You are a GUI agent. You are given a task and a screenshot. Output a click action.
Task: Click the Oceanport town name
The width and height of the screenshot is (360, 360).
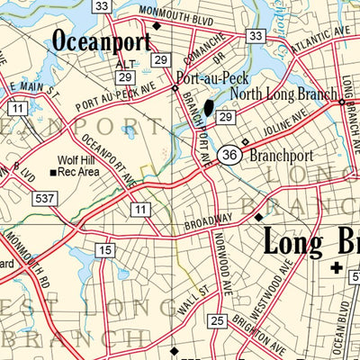[x=101, y=40]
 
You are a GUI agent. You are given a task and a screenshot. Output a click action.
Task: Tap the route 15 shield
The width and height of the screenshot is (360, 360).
[x=106, y=249]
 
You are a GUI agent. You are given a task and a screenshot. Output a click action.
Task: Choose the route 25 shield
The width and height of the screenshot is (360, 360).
[x=217, y=320]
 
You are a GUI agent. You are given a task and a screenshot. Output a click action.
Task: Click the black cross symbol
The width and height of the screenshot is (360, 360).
[x=337, y=267]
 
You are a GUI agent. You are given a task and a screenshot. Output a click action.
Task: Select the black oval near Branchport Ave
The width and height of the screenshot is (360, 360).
[x=209, y=109]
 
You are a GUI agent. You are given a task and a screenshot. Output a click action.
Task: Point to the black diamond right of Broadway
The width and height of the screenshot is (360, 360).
[x=258, y=217]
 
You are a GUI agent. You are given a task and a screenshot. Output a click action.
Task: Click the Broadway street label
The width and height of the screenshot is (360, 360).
[x=209, y=220]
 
